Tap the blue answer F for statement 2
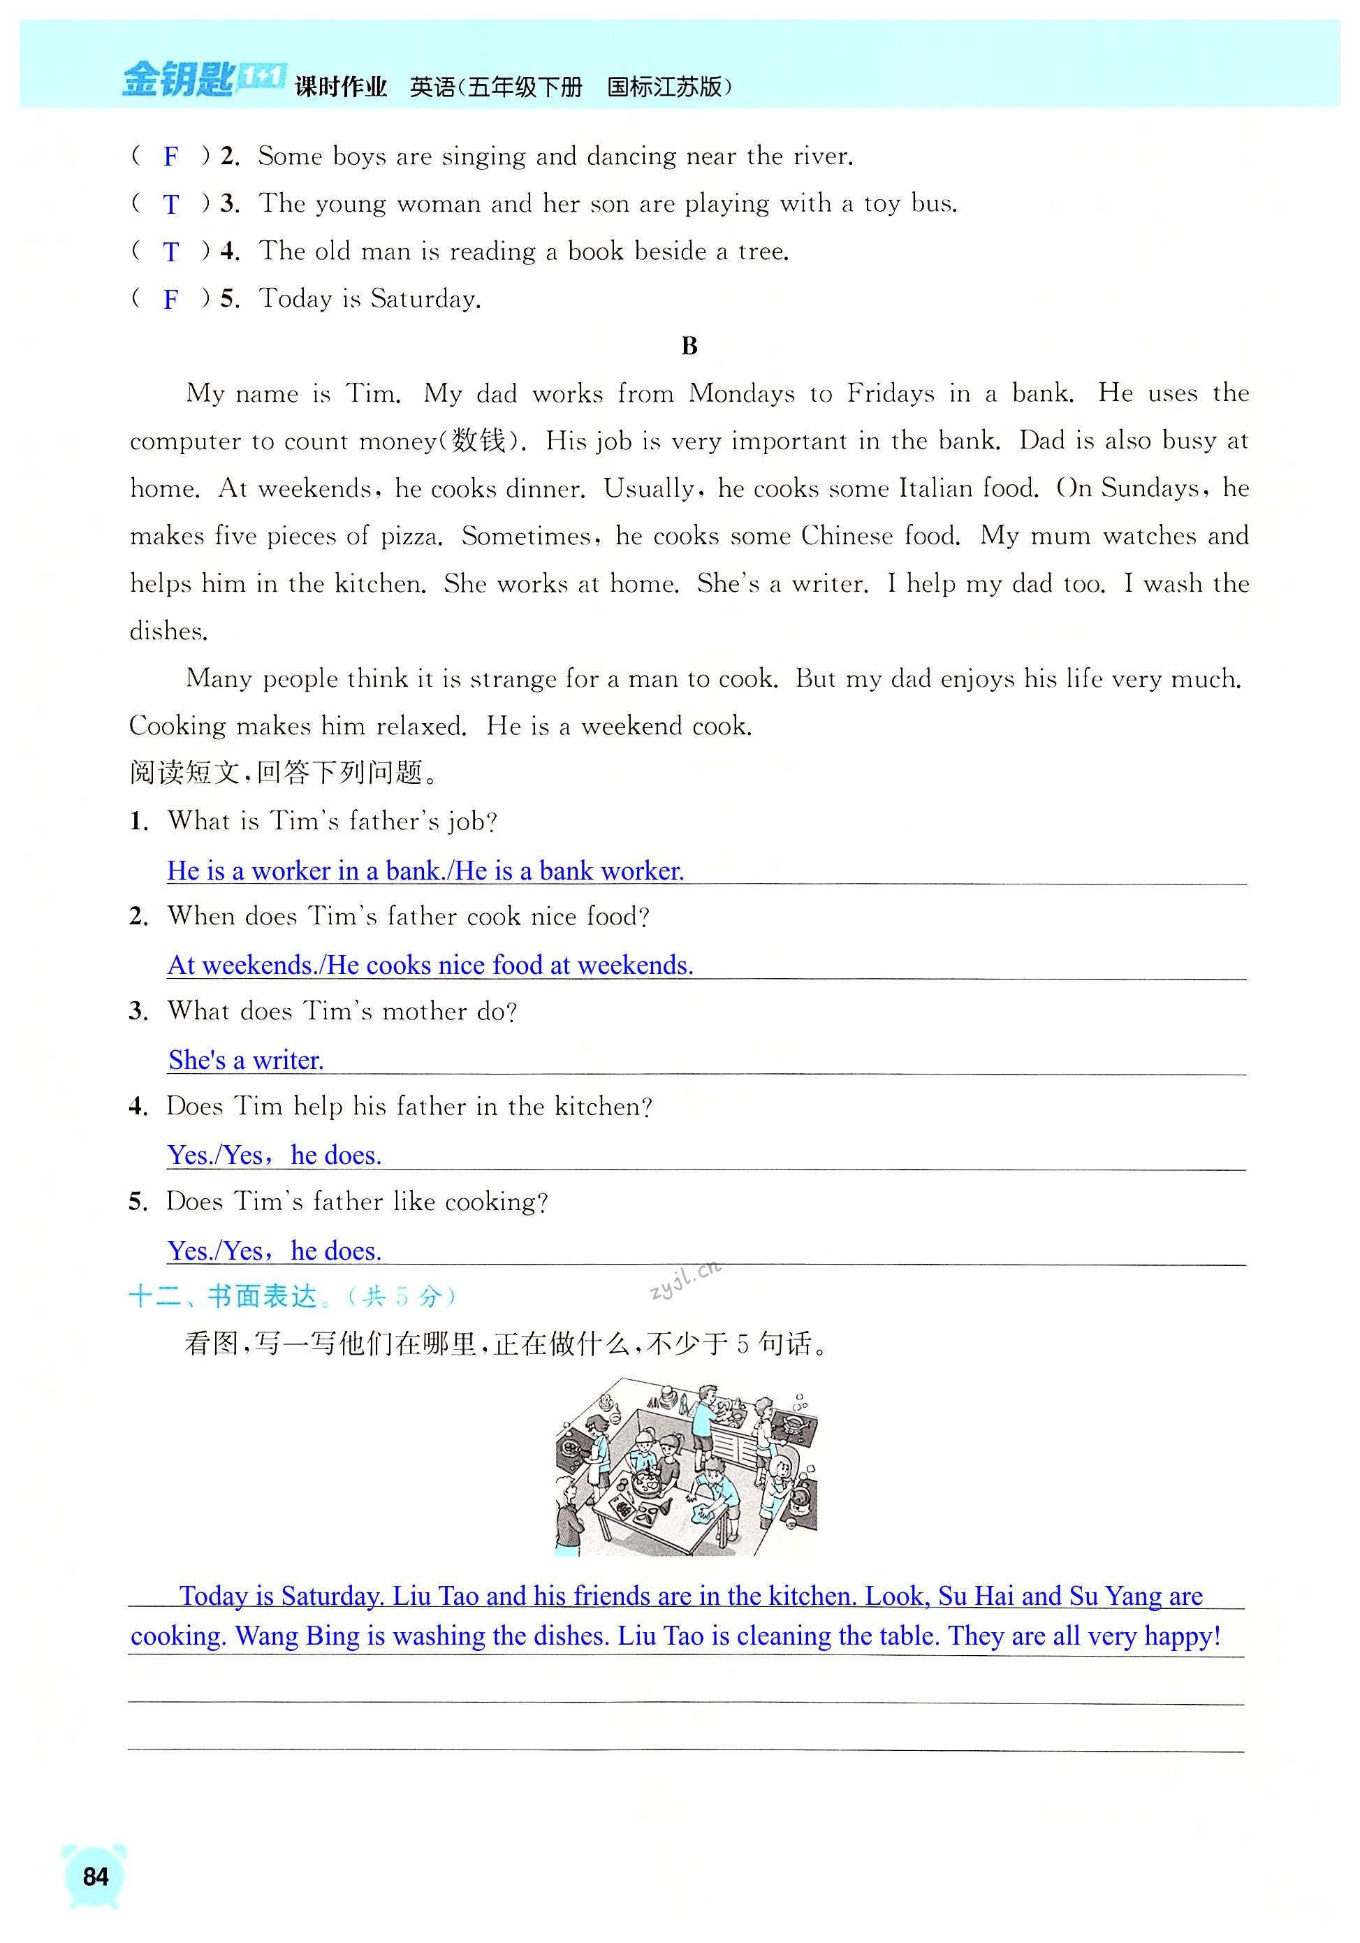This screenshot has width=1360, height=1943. [171, 157]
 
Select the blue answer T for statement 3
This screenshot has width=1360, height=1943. [171, 204]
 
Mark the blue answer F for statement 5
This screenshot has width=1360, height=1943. [171, 299]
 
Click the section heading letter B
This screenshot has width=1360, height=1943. [689, 346]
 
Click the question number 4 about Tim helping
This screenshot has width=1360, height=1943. [137, 1106]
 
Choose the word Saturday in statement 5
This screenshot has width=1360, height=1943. [425, 299]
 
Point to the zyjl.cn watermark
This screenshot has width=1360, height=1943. [685, 1279]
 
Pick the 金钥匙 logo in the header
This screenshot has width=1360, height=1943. [177, 80]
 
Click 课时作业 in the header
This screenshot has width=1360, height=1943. [341, 87]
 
